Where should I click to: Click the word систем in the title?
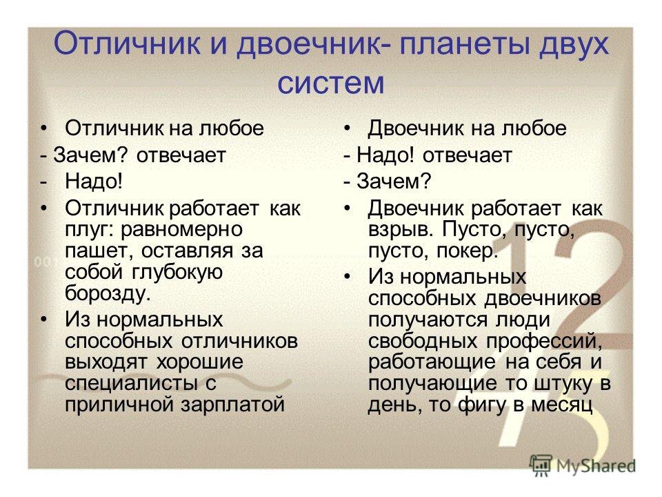[x=330, y=82]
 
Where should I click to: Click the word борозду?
[x=108, y=293]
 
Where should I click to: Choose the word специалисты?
[x=131, y=383]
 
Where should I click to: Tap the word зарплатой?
[x=232, y=405]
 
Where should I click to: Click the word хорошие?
[x=199, y=362]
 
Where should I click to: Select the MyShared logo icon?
[x=541, y=466]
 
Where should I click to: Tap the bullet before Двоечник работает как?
[x=347, y=208]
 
